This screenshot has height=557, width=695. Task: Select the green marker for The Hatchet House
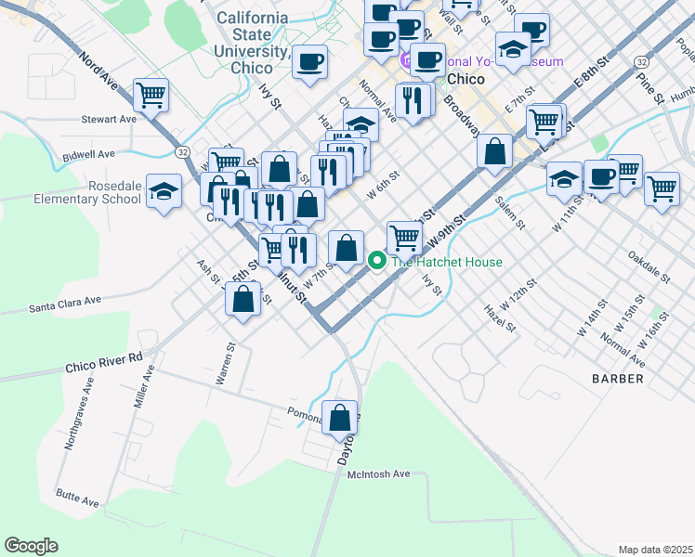click(x=377, y=262)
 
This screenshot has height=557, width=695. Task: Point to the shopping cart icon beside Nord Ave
click(x=150, y=94)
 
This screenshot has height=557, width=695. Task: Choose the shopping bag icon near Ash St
click(x=243, y=299)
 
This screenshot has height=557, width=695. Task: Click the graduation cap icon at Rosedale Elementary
click(x=164, y=192)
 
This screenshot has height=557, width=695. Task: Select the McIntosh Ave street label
click(x=378, y=474)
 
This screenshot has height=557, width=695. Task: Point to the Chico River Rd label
click(x=104, y=360)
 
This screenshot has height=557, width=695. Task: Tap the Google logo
click(x=31, y=545)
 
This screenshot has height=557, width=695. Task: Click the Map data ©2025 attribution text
click(x=654, y=550)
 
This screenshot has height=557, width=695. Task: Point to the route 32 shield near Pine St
click(x=641, y=61)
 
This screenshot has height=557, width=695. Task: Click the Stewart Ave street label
click(x=109, y=119)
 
